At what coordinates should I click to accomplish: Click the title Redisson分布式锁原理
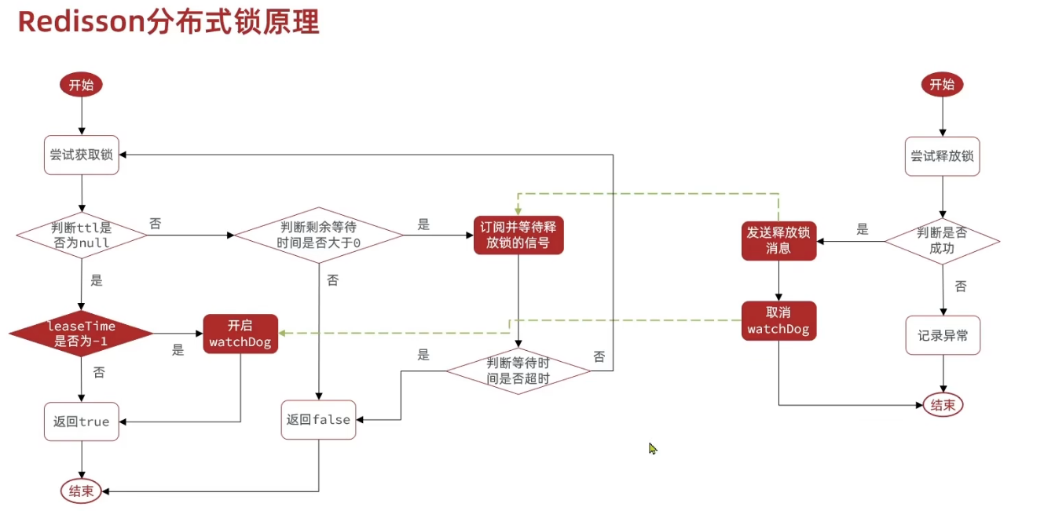coord(168,22)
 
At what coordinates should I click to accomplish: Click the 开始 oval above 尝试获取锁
coord(81,86)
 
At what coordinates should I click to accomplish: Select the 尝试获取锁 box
coord(82,155)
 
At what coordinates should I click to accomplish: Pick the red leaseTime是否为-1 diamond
coord(81,334)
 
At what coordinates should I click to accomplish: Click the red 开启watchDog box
coord(240,334)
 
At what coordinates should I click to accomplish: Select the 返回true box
coord(82,422)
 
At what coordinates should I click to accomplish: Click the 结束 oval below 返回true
coord(81,491)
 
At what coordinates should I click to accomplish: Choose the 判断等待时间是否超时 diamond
coord(518,370)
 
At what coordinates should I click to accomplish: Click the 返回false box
coord(319,420)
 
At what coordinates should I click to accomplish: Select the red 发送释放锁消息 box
coord(778,240)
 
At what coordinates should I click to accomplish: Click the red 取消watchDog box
coord(778,321)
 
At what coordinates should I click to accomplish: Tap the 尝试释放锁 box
coord(942,155)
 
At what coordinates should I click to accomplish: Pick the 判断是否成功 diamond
coord(942,240)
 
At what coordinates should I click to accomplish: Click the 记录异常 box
coord(943,336)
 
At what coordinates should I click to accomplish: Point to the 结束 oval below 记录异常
coord(943,405)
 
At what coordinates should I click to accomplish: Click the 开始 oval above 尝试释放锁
coord(942,85)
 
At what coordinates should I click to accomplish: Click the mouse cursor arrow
coord(652,447)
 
